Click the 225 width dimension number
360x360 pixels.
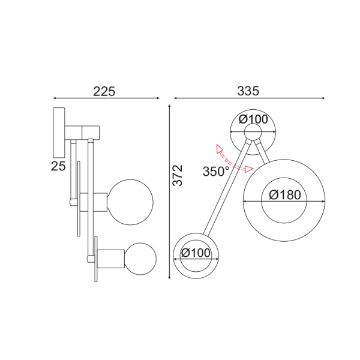coord(104,91)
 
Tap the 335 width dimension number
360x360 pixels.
coord(248,91)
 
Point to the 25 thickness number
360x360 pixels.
coord(58,166)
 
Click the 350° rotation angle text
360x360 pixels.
coord(215,171)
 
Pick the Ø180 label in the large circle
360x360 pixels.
coord(284,195)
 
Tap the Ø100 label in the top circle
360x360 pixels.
coord(253,119)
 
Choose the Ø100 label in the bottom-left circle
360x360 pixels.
coord(196,253)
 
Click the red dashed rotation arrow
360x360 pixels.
coord(233,159)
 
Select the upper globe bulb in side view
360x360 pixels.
coord(130,201)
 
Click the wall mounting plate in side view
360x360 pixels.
coord(59,131)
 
